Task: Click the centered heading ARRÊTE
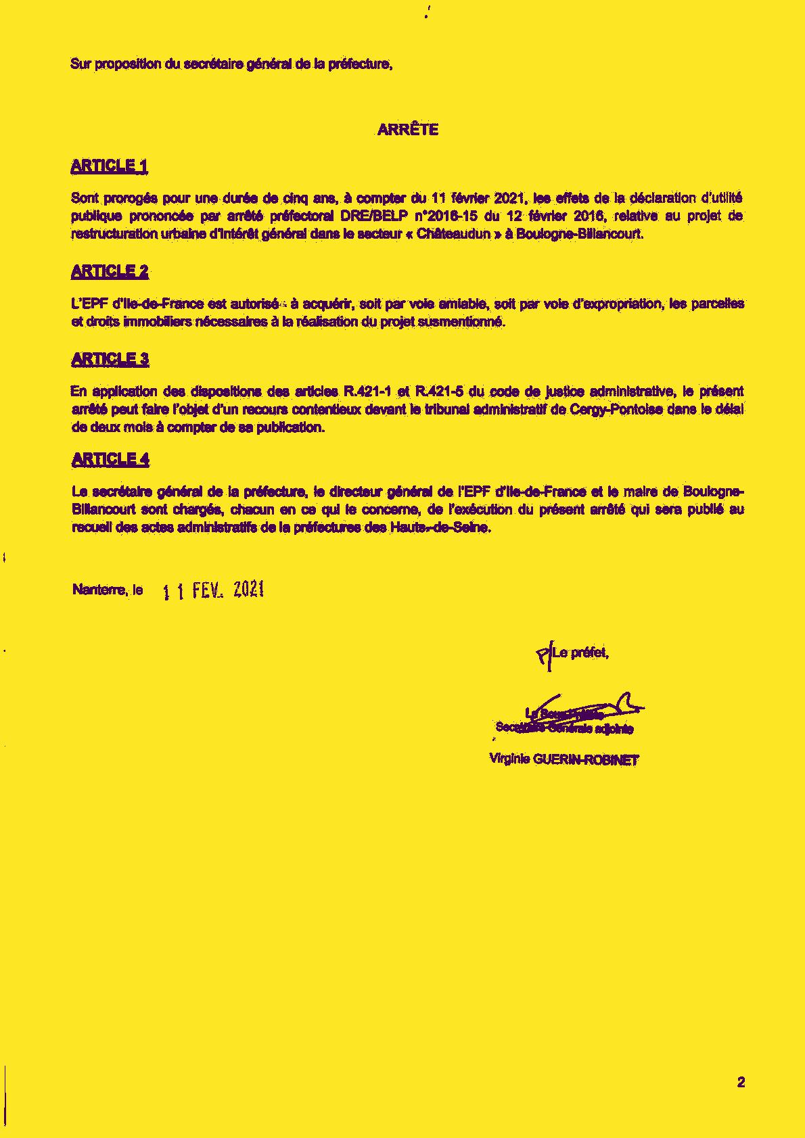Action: (x=407, y=130)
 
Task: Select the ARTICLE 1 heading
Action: (x=109, y=166)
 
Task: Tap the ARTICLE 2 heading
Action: (x=110, y=272)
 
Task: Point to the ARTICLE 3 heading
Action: (x=110, y=359)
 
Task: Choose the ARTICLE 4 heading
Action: (x=110, y=460)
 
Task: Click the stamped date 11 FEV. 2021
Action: (x=213, y=591)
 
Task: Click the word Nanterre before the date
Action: (x=99, y=590)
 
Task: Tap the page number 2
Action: (x=741, y=1083)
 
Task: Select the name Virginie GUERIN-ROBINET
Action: (x=563, y=759)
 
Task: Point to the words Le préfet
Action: (x=580, y=653)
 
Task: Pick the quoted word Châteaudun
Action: (x=453, y=235)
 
